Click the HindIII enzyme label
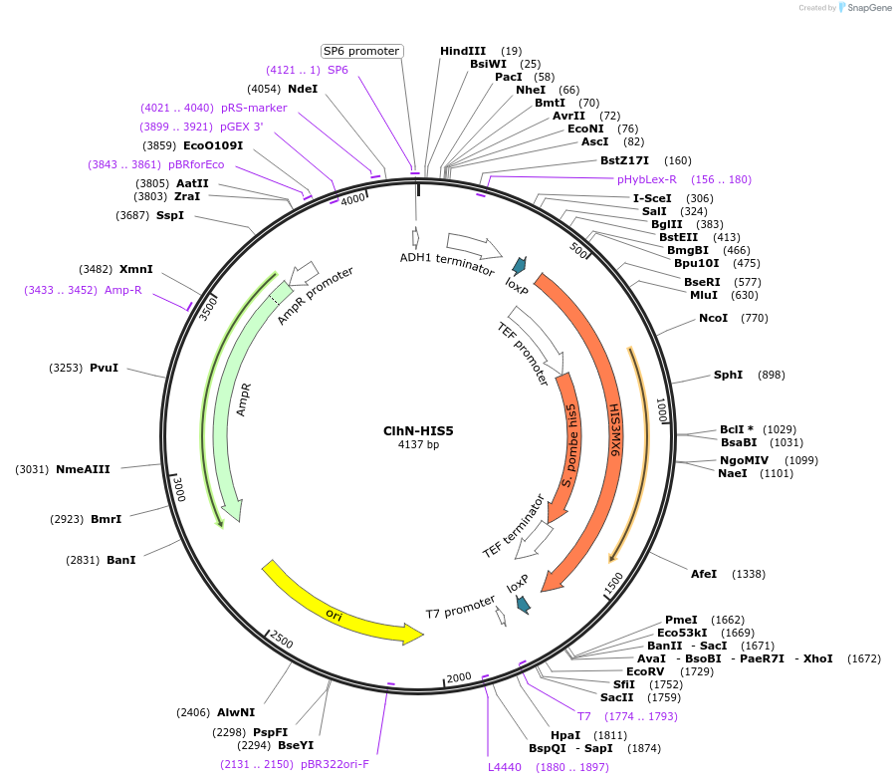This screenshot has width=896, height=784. pos(463,51)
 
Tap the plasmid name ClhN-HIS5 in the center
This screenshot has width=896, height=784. pos(418,430)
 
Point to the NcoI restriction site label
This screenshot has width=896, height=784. pos(713,318)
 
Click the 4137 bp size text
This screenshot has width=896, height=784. pos(418,444)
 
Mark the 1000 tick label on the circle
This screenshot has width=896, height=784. pos(660,410)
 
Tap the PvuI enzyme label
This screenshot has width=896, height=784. pos(104,368)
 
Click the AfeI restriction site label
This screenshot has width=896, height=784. pos(704,574)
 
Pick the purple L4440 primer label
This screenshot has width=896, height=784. pos(504,767)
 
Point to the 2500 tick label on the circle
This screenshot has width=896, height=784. pos(281,641)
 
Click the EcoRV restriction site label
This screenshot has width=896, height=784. pos(647,671)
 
